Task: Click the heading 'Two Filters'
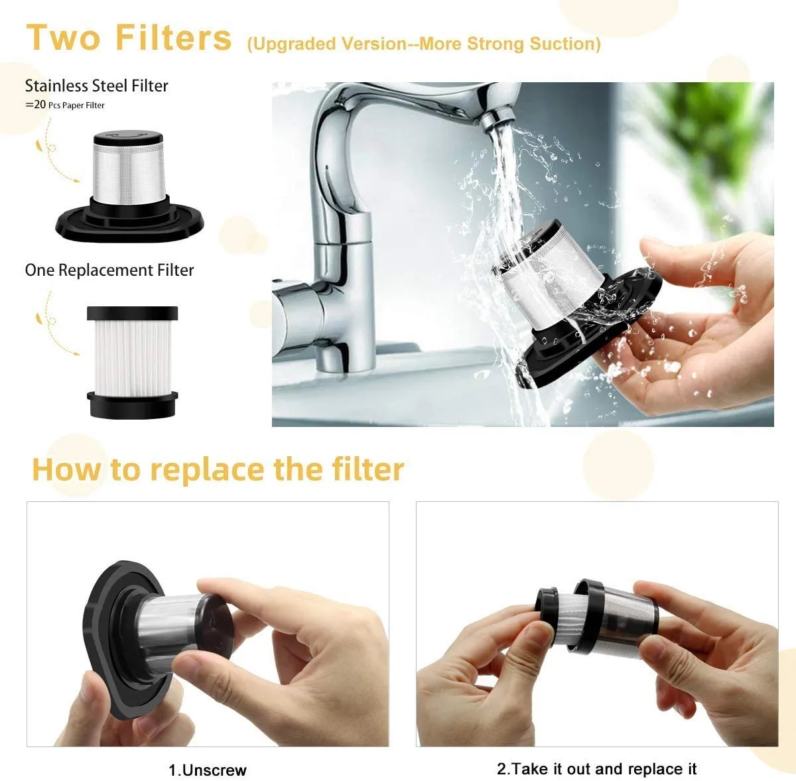129,37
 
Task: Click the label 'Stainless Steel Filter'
97,86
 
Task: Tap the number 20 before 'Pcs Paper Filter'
40,104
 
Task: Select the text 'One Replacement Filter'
109,270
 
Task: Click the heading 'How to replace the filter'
218,469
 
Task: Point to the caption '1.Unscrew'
207,770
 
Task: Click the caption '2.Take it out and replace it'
596,768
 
